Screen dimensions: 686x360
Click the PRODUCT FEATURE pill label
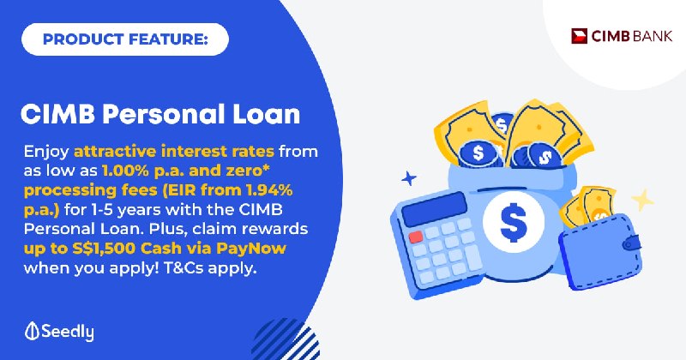tap(125, 39)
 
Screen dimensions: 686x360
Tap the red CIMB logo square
tap(580, 36)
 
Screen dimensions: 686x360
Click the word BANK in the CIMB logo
tap(653, 36)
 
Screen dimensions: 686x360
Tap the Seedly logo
tap(59, 332)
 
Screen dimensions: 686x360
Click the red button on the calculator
tap(416, 237)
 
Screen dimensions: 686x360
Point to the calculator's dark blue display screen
tap(434, 209)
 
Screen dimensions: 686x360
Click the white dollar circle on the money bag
tap(514, 221)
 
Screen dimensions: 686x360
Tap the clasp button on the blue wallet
tap(632, 243)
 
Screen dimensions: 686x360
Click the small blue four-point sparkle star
tap(409, 178)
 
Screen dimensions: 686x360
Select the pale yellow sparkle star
tap(642, 201)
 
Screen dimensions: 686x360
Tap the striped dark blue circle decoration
tap(286, 340)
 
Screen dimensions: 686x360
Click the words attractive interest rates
tap(174, 152)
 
